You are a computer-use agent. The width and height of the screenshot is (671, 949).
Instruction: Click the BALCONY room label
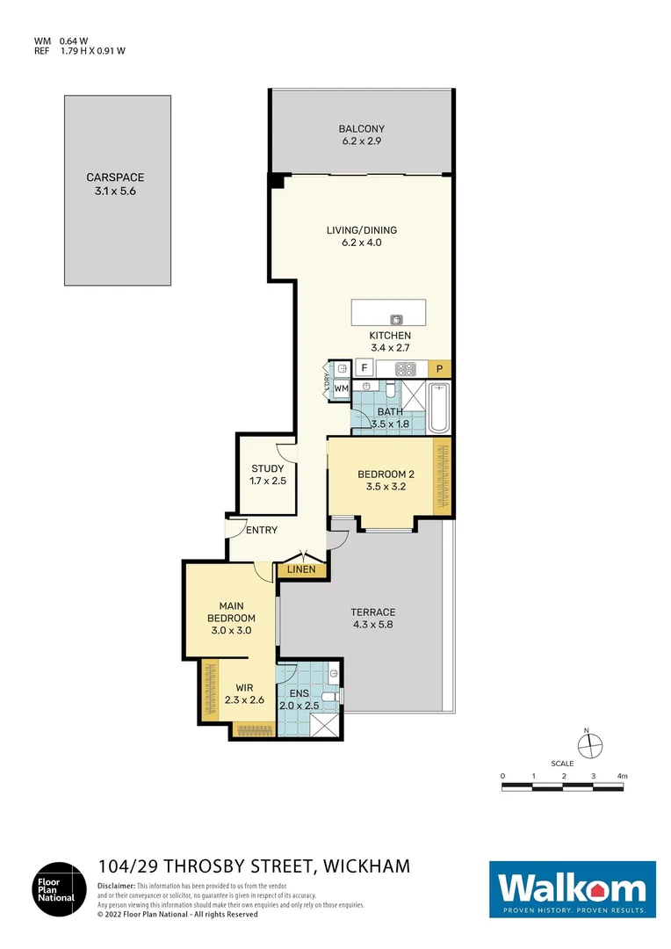click(362, 129)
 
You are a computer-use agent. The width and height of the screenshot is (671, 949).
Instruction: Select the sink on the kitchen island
click(396, 318)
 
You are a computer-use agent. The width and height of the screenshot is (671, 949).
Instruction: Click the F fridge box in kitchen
click(362, 368)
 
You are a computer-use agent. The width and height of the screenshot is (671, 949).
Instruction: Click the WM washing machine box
click(341, 388)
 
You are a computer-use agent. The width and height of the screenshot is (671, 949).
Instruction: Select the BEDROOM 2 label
click(386, 474)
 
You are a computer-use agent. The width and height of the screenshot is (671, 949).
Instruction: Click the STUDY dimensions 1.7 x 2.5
click(268, 482)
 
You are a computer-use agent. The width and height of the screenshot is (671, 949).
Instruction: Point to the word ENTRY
click(262, 530)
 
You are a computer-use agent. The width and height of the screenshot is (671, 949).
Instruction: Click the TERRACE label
click(373, 612)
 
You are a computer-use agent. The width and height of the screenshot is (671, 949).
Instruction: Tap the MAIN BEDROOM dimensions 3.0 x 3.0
click(231, 630)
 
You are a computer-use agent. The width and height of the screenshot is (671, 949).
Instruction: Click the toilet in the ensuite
click(328, 698)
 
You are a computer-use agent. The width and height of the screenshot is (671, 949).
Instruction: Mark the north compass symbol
click(591, 743)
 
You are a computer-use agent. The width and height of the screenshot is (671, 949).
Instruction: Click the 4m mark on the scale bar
click(623, 776)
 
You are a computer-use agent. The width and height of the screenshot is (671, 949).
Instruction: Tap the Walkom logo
click(572, 889)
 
